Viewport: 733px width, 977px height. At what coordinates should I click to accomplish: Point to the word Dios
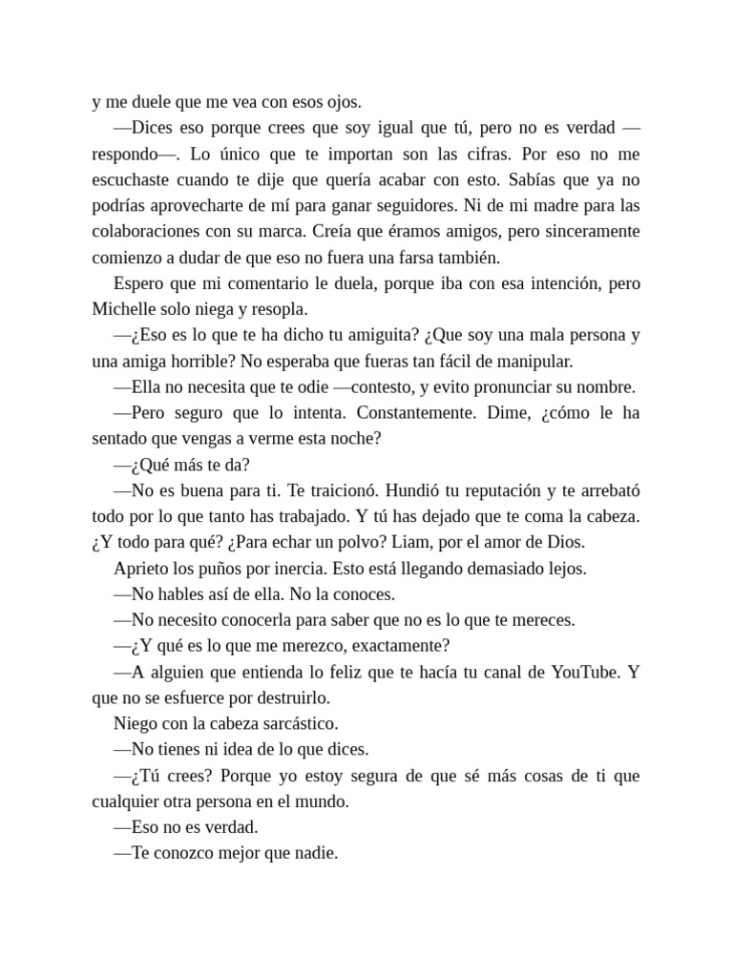tap(567, 541)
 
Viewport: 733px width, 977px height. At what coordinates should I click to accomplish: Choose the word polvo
tap(376, 541)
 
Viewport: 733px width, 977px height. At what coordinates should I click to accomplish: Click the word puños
tap(189, 568)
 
